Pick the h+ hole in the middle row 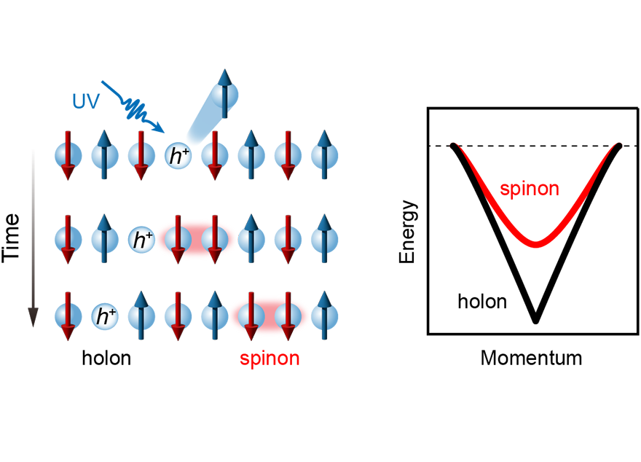tap(141, 239)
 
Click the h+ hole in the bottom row tap(105, 316)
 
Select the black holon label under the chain tap(106, 359)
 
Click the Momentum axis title tap(532, 358)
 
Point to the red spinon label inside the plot tap(530, 189)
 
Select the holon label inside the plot tap(482, 300)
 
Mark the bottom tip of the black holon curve tap(536, 319)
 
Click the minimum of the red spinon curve tap(536, 243)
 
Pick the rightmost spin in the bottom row tap(323, 316)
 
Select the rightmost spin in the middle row tap(323, 238)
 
